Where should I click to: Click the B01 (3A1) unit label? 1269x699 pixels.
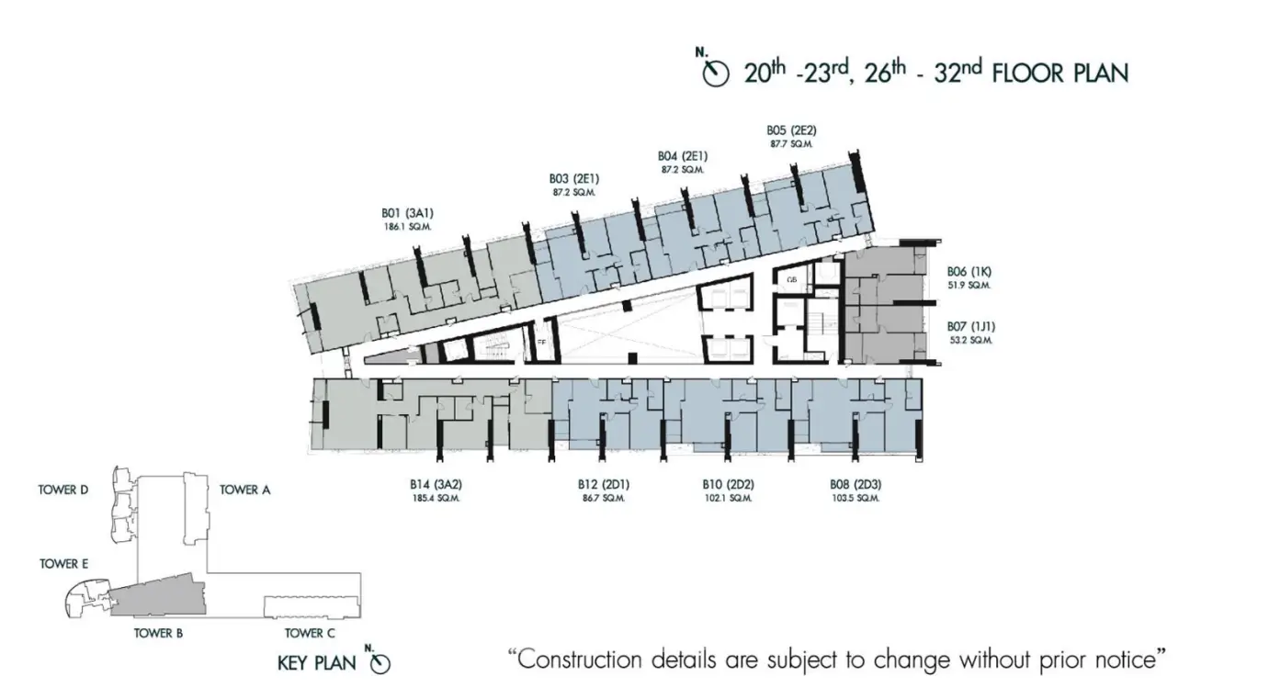pyautogui.click(x=407, y=213)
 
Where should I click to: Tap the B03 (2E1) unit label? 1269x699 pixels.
pyautogui.click(x=574, y=179)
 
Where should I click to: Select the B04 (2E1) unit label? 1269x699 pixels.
pyautogui.click(x=683, y=156)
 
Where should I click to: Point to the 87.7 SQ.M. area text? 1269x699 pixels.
pyautogui.click(x=791, y=144)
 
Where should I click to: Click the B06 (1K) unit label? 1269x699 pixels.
pyautogui.click(x=969, y=272)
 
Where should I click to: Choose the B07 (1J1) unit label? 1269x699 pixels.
pyautogui.click(x=971, y=327)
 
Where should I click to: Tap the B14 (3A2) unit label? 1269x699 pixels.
pyautogui.click(x=436, y=485)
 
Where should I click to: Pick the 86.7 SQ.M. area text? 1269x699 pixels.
pyautogui.click(x=604, y=499)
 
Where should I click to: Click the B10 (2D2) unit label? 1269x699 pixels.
pyautogui.click(x=729, y=485)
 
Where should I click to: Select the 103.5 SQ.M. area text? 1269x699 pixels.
pyautogui.click(x=855, y=499)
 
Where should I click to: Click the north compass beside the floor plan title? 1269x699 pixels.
pyautogui.click(x=715, y=72)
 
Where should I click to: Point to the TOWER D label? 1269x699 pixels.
pyautogui.click(x=63, y=490)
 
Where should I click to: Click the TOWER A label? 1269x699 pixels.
pyautogui.click(x=244, y=490)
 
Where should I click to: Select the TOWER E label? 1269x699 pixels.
pyautogui.click(x=64, y=564)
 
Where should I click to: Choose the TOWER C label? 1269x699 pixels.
pyautogui.click(x=310, y=633)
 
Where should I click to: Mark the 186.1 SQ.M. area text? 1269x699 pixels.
pyautogui.click(x=407, y=227)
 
